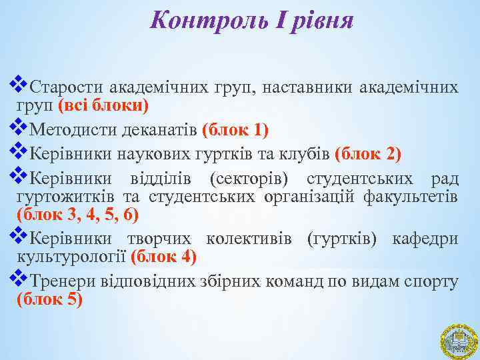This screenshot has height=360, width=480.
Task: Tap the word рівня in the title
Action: point(315,21)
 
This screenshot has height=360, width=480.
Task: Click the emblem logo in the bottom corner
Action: point(458,339)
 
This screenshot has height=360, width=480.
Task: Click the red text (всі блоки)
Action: point(103,106)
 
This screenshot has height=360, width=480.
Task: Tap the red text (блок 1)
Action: point(235,128)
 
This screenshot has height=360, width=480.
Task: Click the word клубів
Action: point(299,155)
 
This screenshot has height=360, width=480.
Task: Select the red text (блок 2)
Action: point(369,155)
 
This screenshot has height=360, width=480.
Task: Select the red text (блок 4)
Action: point(164,256)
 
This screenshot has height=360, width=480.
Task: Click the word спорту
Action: point(431,282)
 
